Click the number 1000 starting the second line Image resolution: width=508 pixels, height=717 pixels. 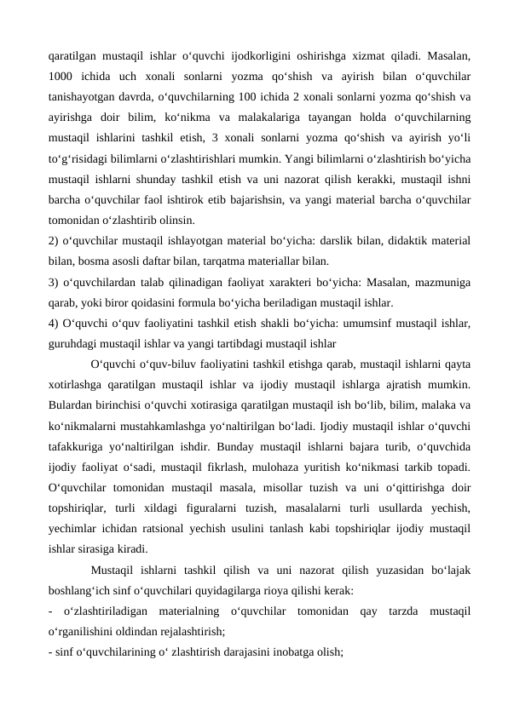click(62, 73)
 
